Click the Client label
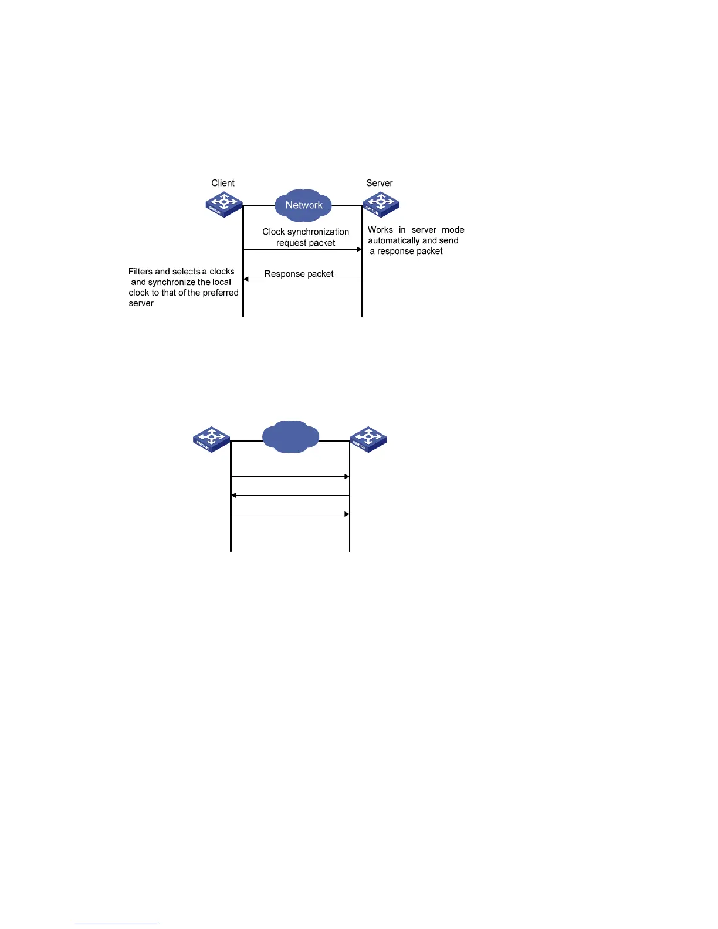(223, 183)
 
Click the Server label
(379, 183)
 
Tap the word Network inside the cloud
(304, 205)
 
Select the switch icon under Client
(224, 205)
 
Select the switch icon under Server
(381, 205)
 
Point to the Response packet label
(299, 274)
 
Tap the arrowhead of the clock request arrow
(359, 249)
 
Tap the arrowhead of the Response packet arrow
(246, 279)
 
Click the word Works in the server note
(380, 230)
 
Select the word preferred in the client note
(221, 293)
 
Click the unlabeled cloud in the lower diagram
(290, 437)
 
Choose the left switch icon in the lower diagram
(212, 439)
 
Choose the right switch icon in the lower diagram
(368, 439)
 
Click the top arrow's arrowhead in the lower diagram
(347, 477)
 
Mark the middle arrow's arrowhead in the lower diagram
(234, 496)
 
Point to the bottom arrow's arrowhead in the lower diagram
(347, 514)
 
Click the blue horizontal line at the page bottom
(116, 924)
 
